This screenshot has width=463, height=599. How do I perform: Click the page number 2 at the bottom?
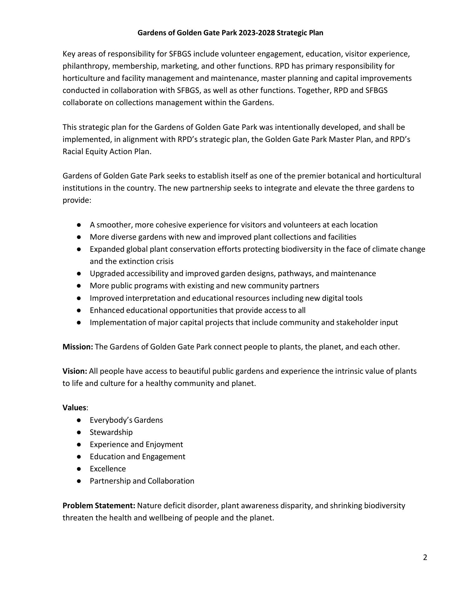(425, 558)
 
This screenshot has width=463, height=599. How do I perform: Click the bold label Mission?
(78, 347)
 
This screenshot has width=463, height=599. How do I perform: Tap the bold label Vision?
(75, 371)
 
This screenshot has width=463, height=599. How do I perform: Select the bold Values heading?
(74, 408)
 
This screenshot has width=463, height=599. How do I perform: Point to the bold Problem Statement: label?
(99, 505)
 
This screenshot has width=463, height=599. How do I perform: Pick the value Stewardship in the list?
(111, 432)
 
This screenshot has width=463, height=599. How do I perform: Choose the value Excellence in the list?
(108, 469)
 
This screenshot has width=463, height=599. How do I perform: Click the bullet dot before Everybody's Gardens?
(79, 420)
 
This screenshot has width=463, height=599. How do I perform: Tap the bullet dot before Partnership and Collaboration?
(79, 481)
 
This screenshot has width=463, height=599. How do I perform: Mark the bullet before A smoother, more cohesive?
(79, 225)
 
